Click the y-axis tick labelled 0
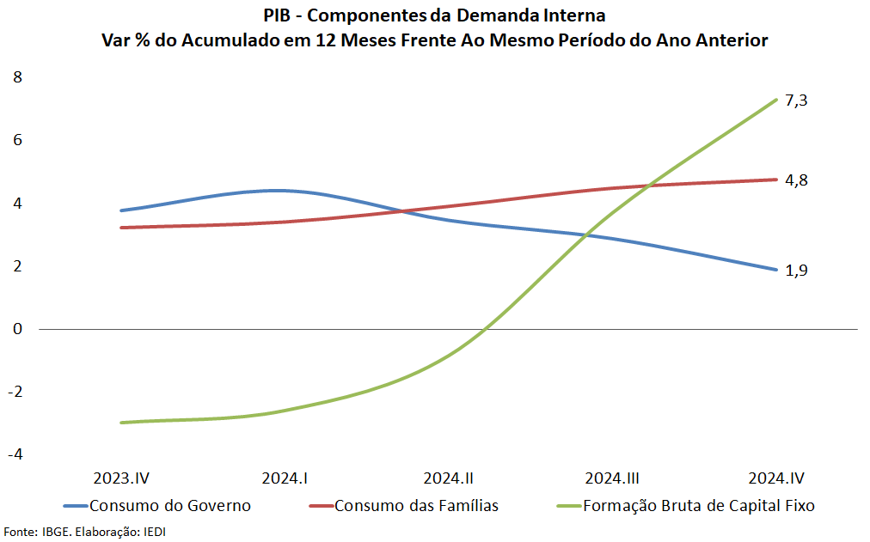tap(17, 329)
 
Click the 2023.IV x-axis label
tap(127, 478)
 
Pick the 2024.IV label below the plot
tap(776, 478)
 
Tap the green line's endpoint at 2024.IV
tap(776, 100)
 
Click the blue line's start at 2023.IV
tap(121, 210)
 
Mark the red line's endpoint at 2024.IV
tap(776, 180)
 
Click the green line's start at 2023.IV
tap(121, 423)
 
